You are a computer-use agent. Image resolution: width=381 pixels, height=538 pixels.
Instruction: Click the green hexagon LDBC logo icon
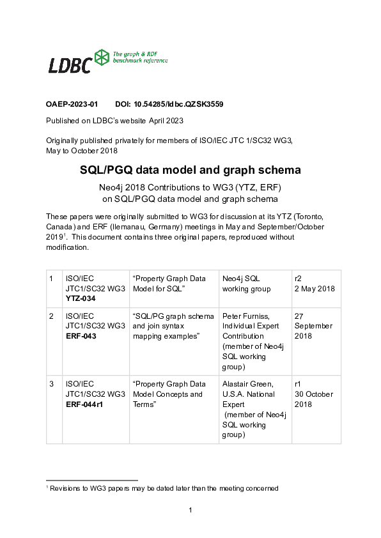coord(102,58)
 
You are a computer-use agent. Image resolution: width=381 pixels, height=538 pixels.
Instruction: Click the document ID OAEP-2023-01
coord(72,104)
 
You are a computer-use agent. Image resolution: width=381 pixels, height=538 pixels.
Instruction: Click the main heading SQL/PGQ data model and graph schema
coord(190,171)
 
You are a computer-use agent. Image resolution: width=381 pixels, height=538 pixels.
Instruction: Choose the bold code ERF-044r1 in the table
coord(85,404)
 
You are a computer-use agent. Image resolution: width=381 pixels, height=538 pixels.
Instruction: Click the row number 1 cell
coord(51,279)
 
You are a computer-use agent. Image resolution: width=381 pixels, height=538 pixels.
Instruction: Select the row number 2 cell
coord(51,316)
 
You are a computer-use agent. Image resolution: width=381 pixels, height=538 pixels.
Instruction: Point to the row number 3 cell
coord(51,385)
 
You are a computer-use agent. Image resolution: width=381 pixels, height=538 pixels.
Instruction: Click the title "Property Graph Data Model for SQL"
coord(169,284)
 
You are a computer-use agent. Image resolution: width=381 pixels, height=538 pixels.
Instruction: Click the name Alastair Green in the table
coord(247,385)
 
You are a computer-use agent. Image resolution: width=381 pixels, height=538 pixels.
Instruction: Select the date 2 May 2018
coord(315,289)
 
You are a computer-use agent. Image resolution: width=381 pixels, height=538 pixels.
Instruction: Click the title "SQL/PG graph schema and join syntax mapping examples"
coord(173,326)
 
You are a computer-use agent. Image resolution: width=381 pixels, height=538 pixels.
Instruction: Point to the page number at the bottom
coord(190,510)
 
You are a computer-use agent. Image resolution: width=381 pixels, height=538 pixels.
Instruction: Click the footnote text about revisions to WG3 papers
coord(163,488)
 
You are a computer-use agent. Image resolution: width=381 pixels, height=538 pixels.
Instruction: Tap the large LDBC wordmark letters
coord(70,65)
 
